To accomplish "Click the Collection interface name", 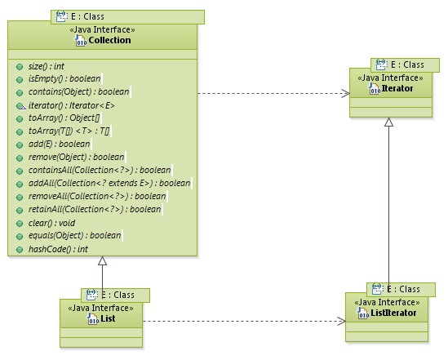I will [109, 40].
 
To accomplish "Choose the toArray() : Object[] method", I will [63, 118].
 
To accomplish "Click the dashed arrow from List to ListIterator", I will [245, 321].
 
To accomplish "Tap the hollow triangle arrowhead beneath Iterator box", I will [389, 122].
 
